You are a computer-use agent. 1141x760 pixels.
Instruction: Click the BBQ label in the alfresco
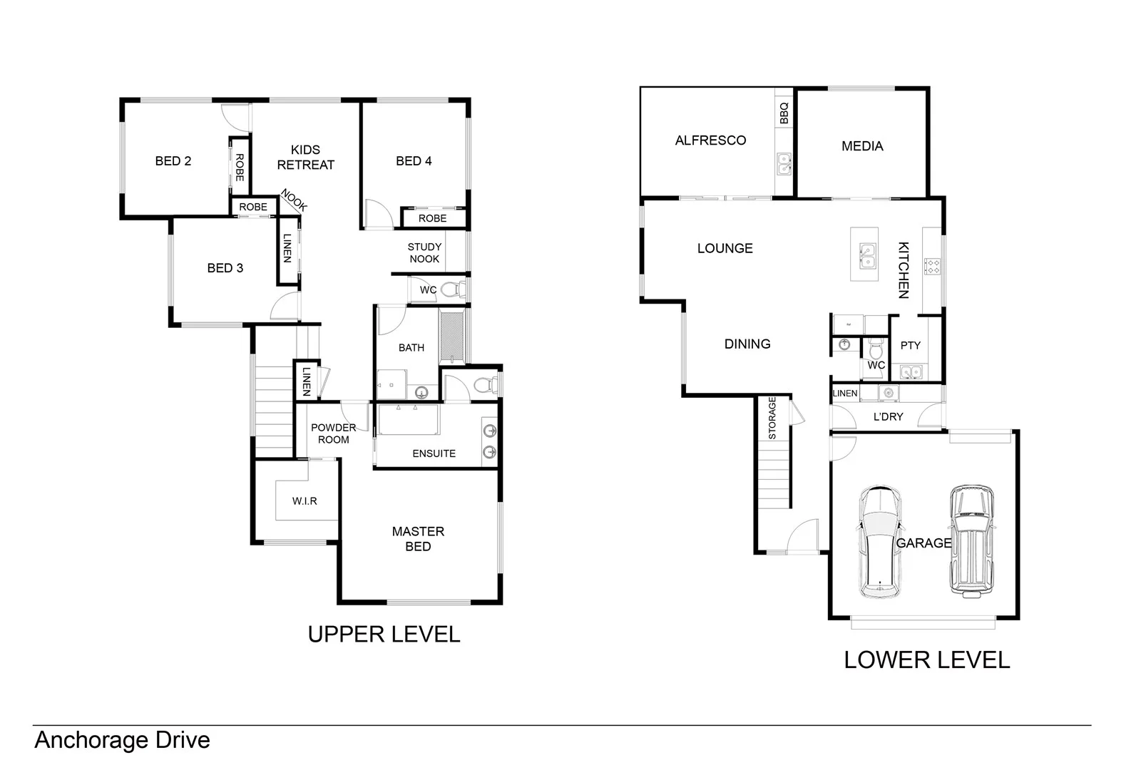click(784, 113)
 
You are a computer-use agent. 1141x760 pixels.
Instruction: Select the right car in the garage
click(971, 542)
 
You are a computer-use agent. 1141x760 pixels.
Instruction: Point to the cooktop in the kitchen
click(932, 267)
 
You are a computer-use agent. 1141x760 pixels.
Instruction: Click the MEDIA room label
click(862, 146)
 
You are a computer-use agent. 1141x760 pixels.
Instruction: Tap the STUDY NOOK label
click(424, 253)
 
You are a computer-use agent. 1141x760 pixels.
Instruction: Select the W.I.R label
click(305, 501)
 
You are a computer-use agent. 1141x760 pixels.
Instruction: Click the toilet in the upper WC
click(451, 289)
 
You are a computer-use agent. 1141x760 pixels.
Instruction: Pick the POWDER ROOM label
click(333, 433)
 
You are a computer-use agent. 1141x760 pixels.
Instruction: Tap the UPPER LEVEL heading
click(384, 634)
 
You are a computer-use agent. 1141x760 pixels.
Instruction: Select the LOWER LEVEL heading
click(926, 660)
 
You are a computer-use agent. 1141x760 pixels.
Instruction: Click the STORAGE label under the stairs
click(772, 418)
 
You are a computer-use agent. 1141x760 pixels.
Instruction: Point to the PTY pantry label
click(910, 345)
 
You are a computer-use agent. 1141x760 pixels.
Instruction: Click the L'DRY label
click(888, 416)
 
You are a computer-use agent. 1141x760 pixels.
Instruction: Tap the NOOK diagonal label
click(293, 200)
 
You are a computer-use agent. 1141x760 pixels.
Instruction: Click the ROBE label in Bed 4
click(432, 218)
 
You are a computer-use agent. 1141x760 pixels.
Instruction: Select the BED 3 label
click(225, 268)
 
